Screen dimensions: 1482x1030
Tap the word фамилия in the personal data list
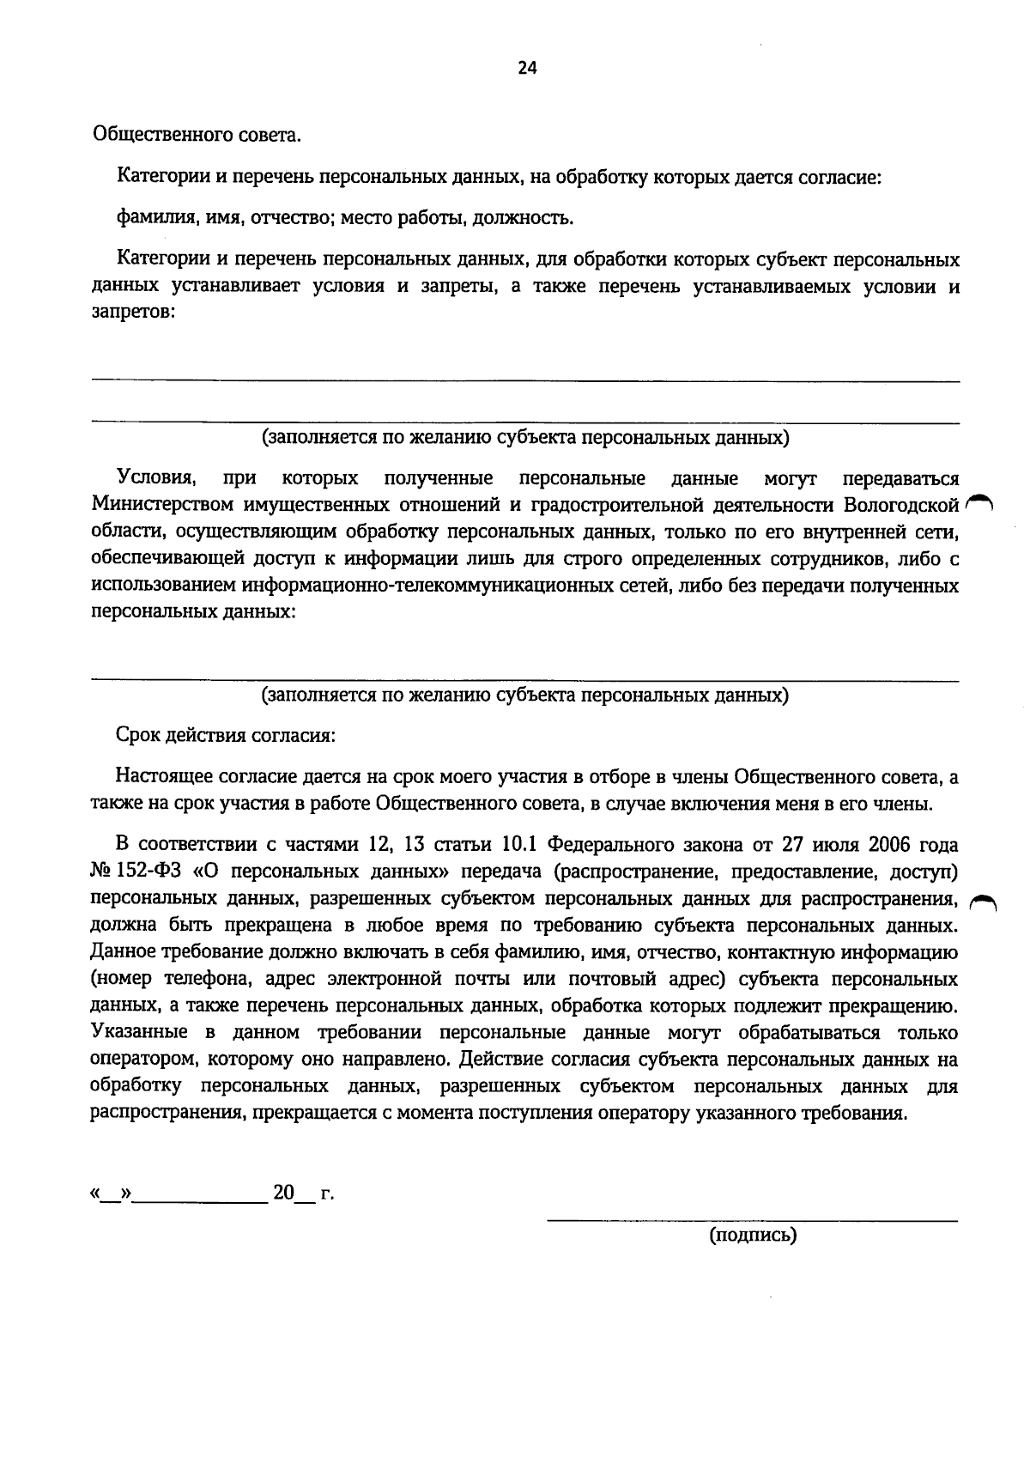tap(147, 218)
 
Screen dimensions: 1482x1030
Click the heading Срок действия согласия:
tap(226, 737)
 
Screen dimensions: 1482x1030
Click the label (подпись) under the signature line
tap(752, 1236)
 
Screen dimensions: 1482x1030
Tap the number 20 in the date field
tap(283, 1193)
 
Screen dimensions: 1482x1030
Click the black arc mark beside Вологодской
tap(978, 503)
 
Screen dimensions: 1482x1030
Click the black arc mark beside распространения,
tap(980, 900)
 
